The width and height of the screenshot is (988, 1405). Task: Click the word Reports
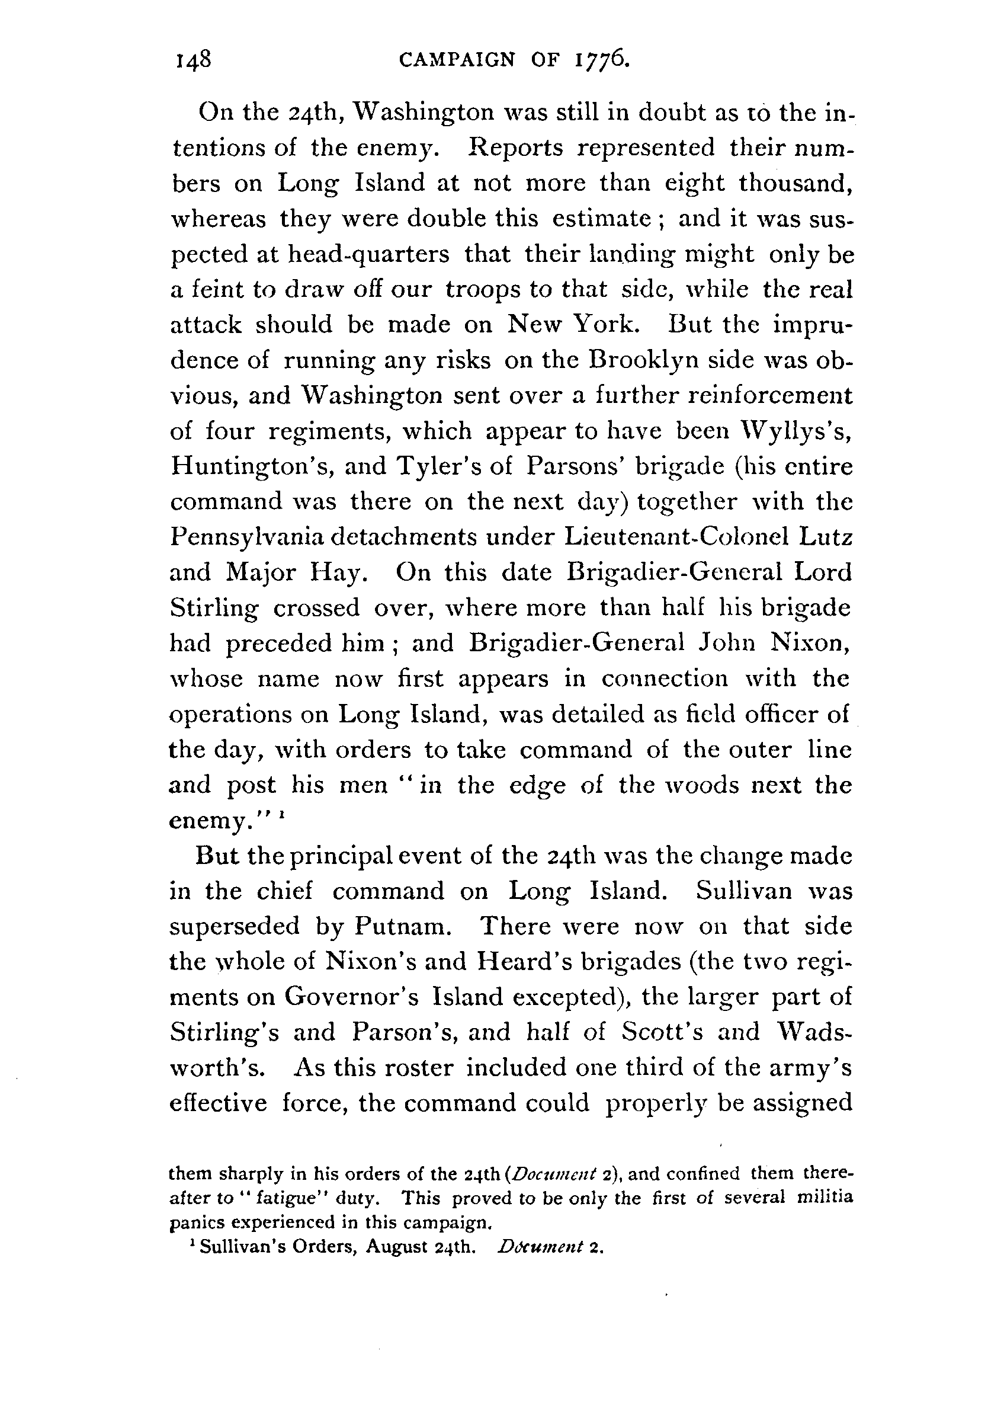tap(515, 148)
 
